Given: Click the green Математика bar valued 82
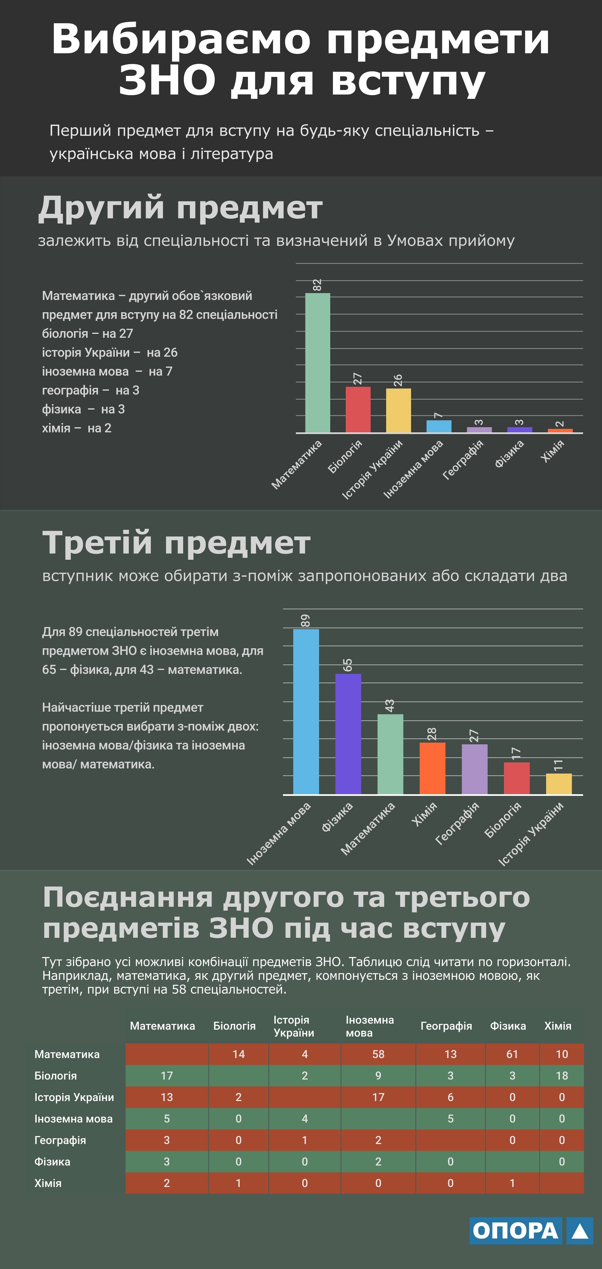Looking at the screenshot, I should pyautogui.click(x=317, y=363).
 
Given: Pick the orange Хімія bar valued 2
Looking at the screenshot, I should pyautogui.click(x=560, y=431).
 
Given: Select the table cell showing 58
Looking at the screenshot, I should pyautogui.click(x=378, y=1054).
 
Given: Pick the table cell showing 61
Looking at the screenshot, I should pyautogui.click(x=512, y=1054).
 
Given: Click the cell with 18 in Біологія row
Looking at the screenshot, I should pyautogui.click(x=562, y=1076).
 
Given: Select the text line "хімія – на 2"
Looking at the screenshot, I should pyautogui.click(x=76, y=428).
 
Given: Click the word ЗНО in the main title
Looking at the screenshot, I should pyautogui.click(x=167, y=80).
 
